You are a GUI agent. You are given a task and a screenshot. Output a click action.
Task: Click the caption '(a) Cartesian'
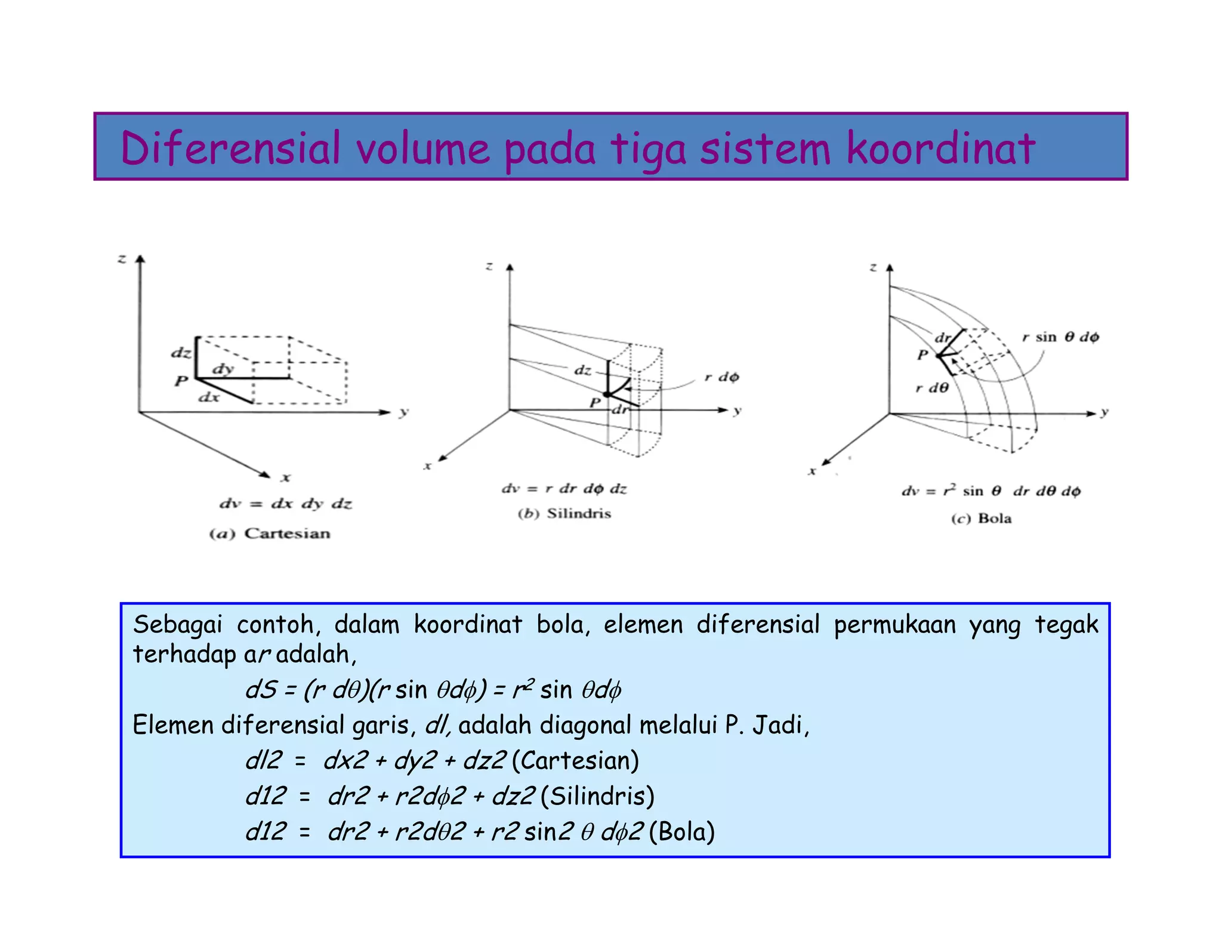[270, 533]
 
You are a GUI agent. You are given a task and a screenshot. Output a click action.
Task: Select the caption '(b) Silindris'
[564, 513]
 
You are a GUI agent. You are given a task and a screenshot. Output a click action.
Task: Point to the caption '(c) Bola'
[982, 518]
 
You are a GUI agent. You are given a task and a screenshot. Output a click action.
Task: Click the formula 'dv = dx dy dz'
[286, 504]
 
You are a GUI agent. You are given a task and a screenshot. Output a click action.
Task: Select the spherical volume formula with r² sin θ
[991, 491]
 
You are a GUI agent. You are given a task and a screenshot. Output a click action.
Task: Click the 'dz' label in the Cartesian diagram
[181, 353]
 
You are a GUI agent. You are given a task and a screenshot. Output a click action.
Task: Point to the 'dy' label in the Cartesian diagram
[223, 368]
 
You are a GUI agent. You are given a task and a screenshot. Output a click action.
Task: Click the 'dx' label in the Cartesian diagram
[209, 397]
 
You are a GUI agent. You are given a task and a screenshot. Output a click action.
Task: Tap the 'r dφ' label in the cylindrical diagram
[721, 377]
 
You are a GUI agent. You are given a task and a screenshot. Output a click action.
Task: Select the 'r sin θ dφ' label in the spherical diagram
[1060, 337]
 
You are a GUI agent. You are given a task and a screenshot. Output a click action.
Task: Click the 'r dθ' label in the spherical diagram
[932, 388]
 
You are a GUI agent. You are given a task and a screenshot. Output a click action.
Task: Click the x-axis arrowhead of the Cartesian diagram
[264, 474]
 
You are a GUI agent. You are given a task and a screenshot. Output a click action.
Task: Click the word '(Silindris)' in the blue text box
[597, 796]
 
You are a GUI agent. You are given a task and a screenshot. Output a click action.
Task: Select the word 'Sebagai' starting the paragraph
[177, 625]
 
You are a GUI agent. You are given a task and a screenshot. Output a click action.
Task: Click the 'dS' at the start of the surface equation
[261, 690]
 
